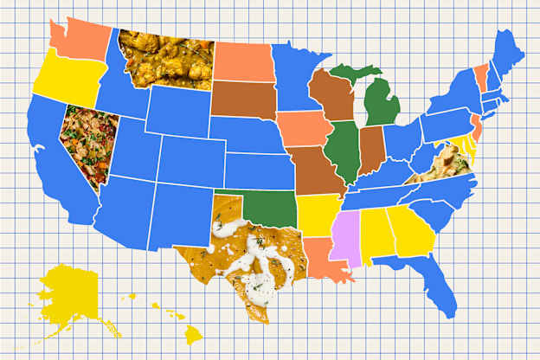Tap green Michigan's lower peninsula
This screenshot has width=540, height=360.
(381, 104)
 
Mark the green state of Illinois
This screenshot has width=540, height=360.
(345, 151)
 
